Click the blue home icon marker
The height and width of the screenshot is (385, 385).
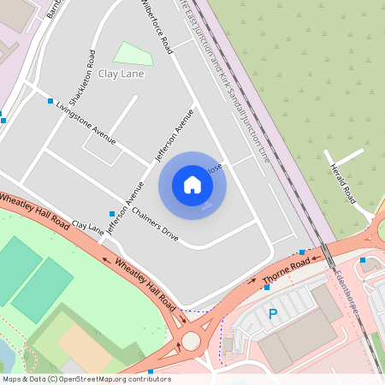tap(192, 185)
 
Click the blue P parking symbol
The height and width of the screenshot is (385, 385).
tap(273, 314)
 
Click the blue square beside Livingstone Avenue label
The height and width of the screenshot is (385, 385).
tap(50, 101)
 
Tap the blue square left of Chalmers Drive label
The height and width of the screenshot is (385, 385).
tap(112, 213)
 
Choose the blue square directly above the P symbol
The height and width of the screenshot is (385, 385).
tap(268, 287)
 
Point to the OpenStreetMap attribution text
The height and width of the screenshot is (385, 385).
tap(86, 379)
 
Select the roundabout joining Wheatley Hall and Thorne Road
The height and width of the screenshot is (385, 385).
tap(190, 341)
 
